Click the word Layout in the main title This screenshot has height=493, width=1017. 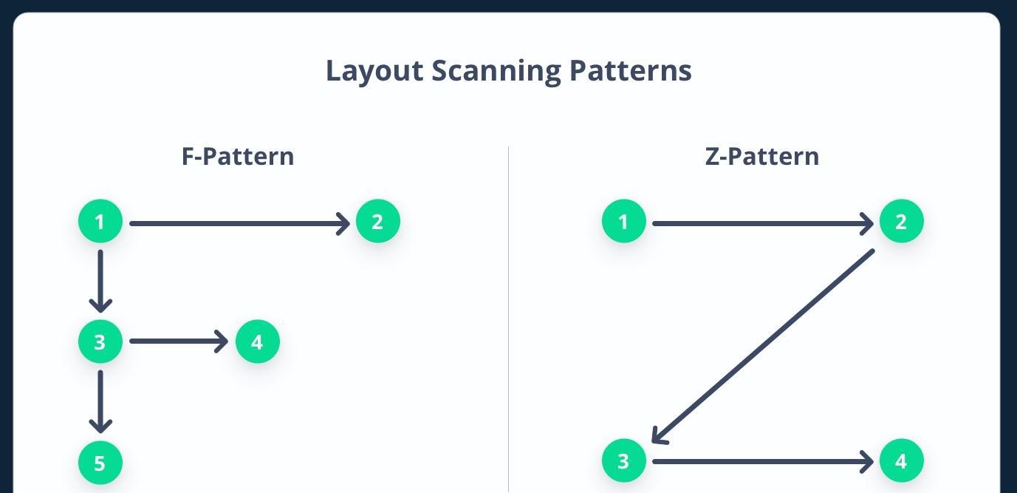click(x=374, y=72)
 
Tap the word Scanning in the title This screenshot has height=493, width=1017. click(x=496, y=72)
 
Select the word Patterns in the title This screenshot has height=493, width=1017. click(x=631, y=71)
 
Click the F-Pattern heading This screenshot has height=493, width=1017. click(x=238, y=156)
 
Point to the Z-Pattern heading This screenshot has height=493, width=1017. click(x=762, y=156)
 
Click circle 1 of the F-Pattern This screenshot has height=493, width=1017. click(x=100, y=221)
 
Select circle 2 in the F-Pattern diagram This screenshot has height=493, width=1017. click(x=377, y=221)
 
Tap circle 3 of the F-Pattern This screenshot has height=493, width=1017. click(x=100, y=341)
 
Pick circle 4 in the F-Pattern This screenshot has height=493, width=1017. click(x=258, y=341)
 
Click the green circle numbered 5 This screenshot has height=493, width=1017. click(x=100, y=463)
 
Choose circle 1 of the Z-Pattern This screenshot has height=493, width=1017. click(x=624, y=221)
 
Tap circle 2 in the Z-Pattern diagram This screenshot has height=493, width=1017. click(x=902, y=221)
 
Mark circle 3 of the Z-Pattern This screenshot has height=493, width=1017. click(x=624, y=460)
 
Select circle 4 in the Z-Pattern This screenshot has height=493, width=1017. click(x=902, y=460)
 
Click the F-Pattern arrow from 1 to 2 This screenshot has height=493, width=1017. click(x=240, y=223)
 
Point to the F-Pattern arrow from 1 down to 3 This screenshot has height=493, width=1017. click(x=100, y=282)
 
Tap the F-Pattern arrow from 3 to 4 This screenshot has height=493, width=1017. click(x=179, y=341)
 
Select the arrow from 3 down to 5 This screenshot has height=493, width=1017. click(x=100, y=401)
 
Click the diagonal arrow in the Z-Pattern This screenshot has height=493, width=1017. click(x=763, y=346)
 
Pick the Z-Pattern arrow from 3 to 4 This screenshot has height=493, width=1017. click(x=763, y=462)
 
